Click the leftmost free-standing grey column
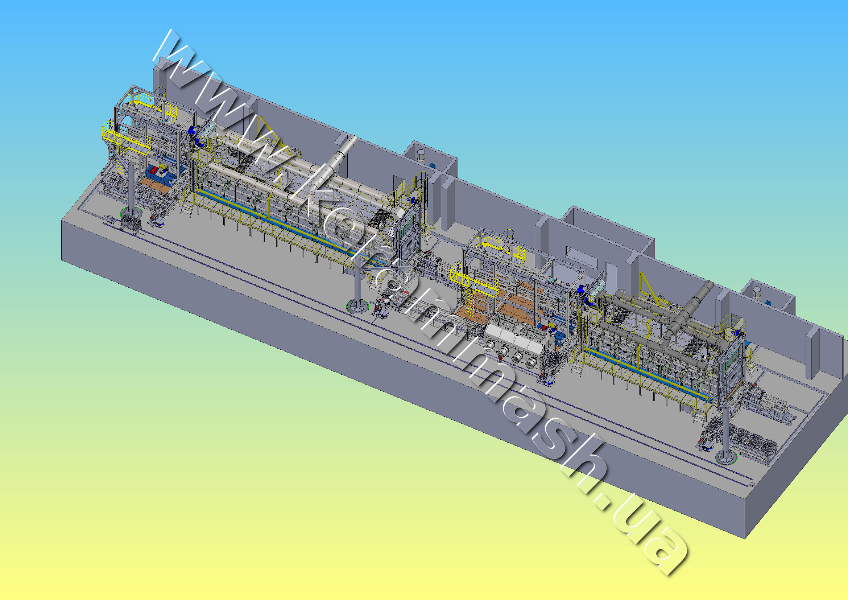coord(131,192)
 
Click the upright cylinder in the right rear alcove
coord(757,292)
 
